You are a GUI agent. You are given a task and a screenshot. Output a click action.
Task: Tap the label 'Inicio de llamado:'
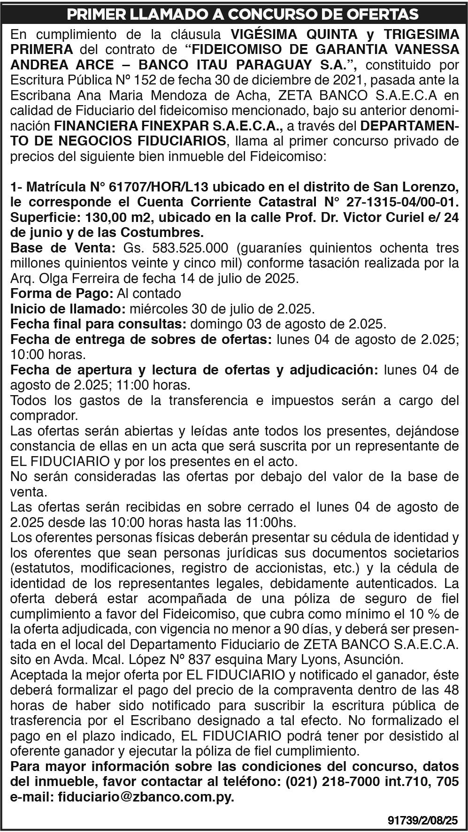(68, 309)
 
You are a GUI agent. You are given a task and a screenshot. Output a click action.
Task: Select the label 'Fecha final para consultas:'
(98, 324)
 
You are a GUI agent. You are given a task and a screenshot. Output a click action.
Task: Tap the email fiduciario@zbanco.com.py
(146, 797)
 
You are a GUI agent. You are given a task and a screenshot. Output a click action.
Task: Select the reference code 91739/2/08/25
(422, 821)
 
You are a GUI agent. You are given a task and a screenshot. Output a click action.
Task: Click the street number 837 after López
(199, 659)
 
